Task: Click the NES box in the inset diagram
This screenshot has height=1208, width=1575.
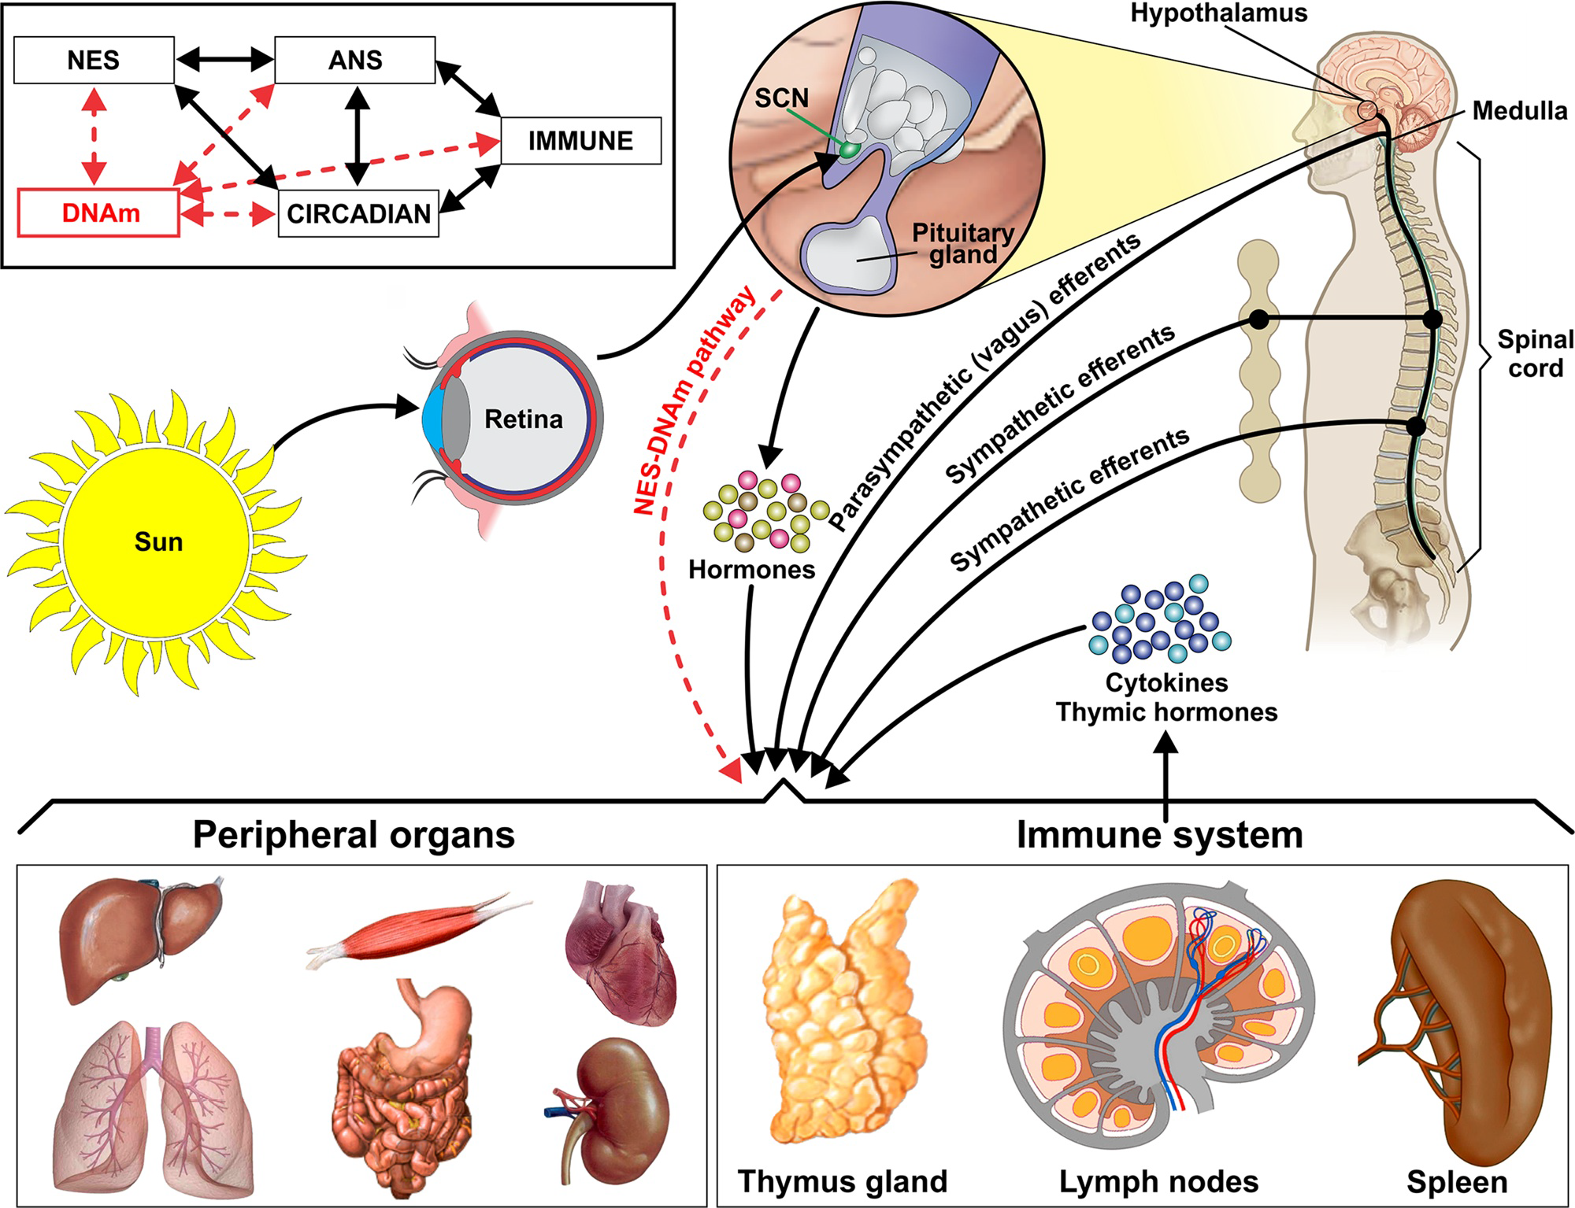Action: [94, 61]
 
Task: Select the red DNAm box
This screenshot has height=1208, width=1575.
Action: [99, 212]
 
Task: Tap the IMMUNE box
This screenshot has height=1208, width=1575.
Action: [580, 141]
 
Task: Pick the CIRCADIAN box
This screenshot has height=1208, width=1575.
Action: [358, 213]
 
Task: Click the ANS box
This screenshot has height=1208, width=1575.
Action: [355, 61]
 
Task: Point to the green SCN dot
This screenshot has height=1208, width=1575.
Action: [848, 150]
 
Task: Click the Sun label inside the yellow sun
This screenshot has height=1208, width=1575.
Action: [158, 542]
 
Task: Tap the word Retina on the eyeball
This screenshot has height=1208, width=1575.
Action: [524, 419]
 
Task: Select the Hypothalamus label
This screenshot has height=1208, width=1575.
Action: [1219, 13]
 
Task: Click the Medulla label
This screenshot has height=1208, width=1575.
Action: [1519, 111]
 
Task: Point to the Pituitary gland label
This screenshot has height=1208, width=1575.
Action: [962, 244]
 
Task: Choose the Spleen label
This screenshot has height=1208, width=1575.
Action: [1457, 1181]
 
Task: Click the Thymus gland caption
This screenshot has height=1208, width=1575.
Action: [842, 1181]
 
